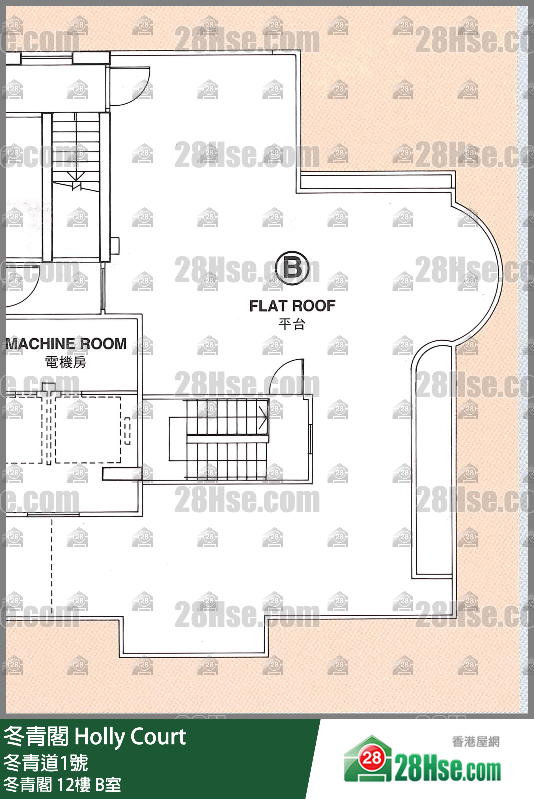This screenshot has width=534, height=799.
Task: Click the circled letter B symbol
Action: [292, 268]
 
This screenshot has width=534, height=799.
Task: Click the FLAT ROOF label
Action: [292, 306]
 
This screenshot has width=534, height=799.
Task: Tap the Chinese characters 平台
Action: [292, 324]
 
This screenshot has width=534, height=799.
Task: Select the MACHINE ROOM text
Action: [66, 344]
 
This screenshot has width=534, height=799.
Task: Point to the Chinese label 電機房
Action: [66, 362]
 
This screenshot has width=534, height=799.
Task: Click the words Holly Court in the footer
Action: [130, 737]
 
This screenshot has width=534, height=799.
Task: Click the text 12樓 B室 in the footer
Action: [89, 784]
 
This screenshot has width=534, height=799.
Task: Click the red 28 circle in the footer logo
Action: [372, 758]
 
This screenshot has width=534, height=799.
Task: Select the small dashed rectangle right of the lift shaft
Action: [127, 431]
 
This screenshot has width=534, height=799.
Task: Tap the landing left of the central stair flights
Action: [178, 439]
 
